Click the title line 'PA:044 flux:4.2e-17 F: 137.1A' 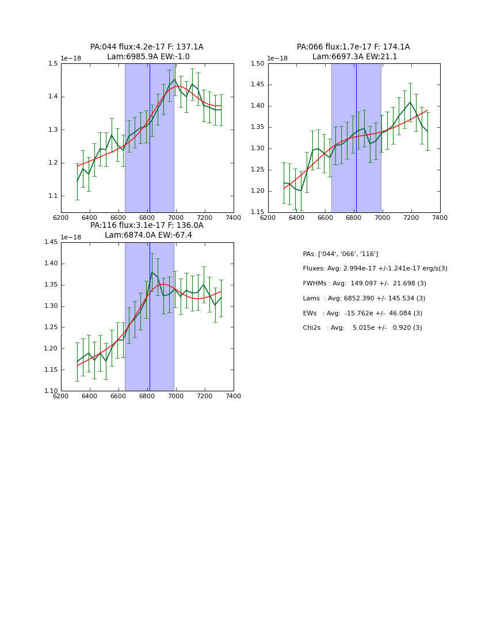[147, 47]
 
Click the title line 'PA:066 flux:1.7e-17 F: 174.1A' [353, 47]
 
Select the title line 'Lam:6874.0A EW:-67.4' [148, 235]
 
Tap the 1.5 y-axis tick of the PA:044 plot [53, 64]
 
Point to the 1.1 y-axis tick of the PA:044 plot [53, 196]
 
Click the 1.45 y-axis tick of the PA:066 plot [257, 85]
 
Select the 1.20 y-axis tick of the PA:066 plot [257, 191]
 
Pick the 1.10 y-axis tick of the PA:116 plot [51, 391]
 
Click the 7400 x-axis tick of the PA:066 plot [440, 218]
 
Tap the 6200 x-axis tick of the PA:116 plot [61, 396]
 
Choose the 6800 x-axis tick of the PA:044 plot [147, 218]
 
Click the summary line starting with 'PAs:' [341, 254]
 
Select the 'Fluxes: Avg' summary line [375, 269]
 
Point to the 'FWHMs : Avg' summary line [365, 284]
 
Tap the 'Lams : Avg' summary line [364, 299]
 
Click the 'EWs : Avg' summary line [362, 313]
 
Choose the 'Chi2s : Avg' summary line [362, 328]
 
